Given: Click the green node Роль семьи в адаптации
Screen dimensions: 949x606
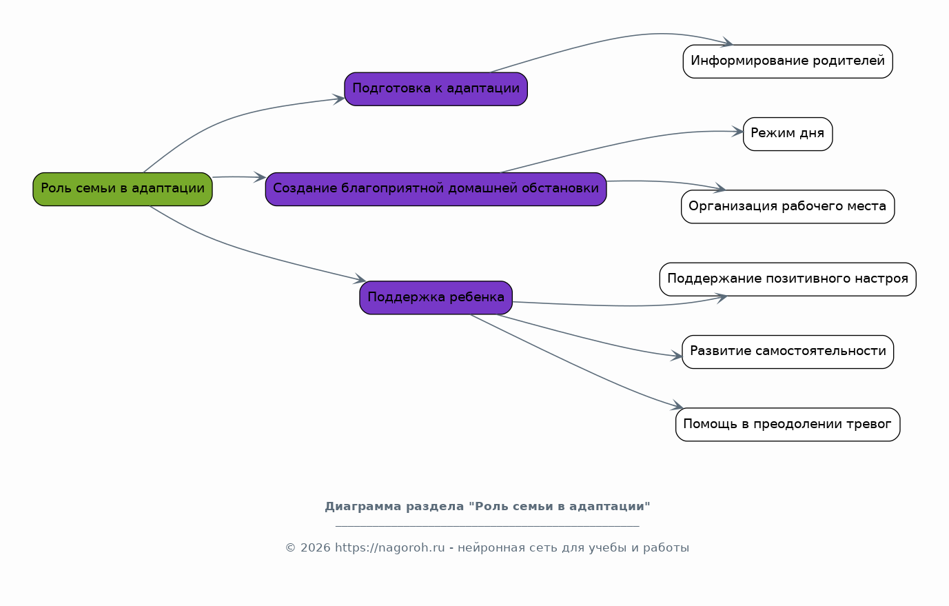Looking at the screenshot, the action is pos(123,189).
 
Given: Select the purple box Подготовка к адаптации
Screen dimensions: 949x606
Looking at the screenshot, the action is pos(436,89).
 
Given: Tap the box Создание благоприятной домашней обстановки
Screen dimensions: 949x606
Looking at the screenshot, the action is pos(436,189).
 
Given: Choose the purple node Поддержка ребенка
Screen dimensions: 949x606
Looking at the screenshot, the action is pos(436,298).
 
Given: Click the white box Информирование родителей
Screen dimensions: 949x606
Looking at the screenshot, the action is pos(788,61).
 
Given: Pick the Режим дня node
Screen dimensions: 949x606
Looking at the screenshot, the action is pos(788,134).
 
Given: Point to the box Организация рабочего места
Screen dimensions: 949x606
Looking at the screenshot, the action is pos(788,207).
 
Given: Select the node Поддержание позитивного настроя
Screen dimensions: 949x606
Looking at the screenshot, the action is pos(788,279).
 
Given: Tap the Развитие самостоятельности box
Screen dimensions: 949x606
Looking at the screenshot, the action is pos(788,352).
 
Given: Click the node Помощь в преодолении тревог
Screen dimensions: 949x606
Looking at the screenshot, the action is pos(788,425).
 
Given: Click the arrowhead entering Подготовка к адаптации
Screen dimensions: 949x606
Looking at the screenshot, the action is pos(339,99).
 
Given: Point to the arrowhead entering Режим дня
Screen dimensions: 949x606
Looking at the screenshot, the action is pos(737,132).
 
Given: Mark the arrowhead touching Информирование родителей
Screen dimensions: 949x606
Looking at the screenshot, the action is pos(727,42).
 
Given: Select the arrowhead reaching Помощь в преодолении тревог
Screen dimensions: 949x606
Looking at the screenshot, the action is pos(677,405).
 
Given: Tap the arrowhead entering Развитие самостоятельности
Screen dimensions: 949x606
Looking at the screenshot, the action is pos(676,356).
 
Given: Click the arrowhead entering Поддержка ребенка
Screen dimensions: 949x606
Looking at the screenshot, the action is pos(360,279).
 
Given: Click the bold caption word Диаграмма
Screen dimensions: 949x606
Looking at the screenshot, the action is pos(363,507).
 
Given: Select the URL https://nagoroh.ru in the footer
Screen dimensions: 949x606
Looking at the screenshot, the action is pos(390,547).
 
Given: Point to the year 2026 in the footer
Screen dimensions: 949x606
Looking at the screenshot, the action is pos(315,548).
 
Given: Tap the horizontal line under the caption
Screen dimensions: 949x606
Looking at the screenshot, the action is pos(487,526).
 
